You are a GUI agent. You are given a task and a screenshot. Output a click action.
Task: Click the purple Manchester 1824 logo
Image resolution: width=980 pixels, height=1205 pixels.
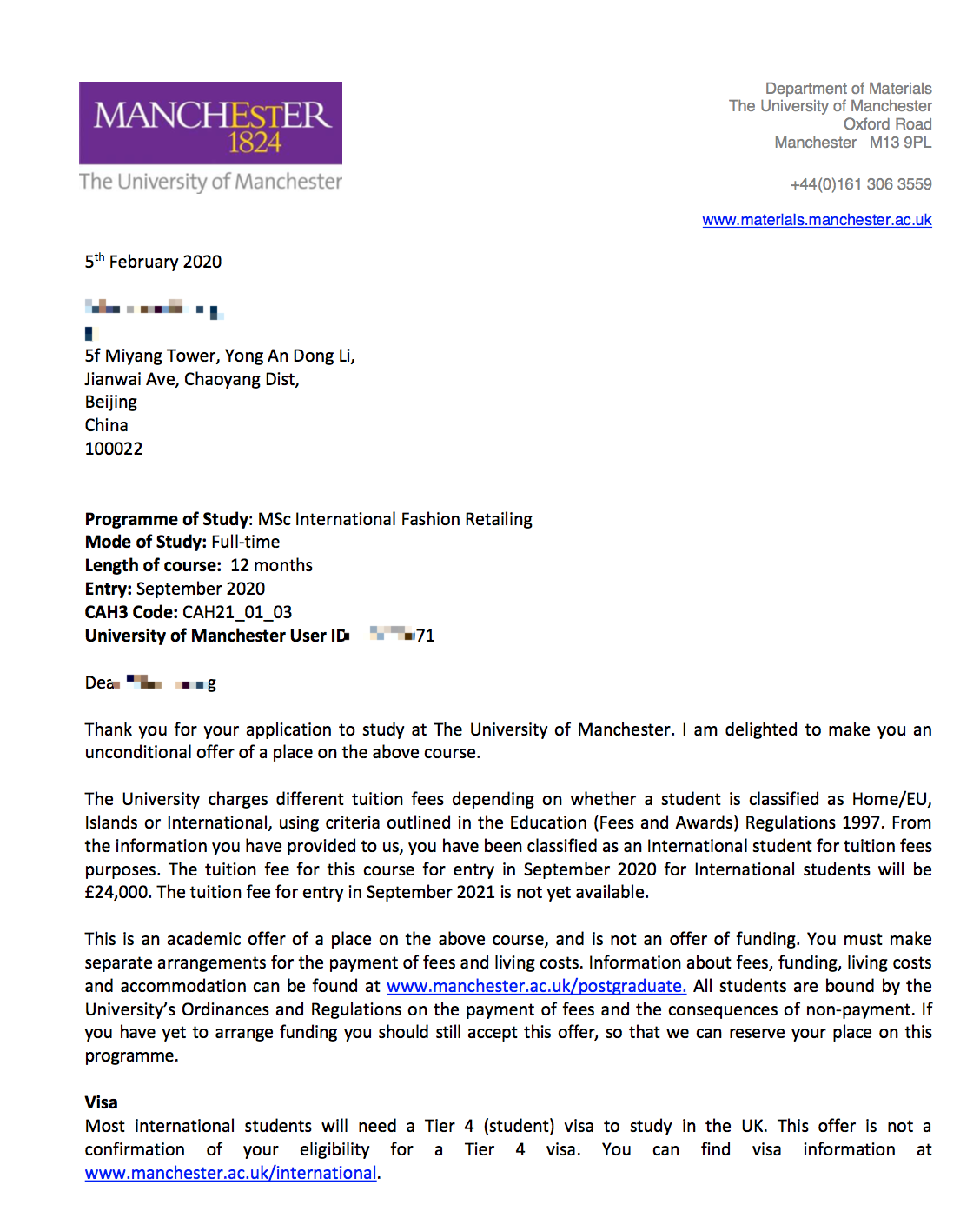(x=210, y=123)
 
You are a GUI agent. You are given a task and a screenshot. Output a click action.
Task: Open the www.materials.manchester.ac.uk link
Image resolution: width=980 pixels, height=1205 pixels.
(x=817, y=220)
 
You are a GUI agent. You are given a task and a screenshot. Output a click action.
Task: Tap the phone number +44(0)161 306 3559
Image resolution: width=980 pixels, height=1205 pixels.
(x=860, y=184)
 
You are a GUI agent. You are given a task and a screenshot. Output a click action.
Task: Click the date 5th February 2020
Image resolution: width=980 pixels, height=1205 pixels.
(x=153, y=262)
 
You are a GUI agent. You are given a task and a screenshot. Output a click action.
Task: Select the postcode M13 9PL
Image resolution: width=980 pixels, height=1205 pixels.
(x=900, y=143)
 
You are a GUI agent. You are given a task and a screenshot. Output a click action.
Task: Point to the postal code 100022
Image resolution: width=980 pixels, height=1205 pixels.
(x=114, y=449)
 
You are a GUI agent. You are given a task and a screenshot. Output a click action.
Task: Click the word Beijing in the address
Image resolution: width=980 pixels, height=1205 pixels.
(x=111, y=402)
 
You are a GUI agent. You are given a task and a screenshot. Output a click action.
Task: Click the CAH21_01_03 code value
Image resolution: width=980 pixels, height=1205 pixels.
(x=237, y=612)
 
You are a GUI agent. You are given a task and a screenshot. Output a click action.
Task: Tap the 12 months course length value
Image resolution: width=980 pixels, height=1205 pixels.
(x=271, y=565)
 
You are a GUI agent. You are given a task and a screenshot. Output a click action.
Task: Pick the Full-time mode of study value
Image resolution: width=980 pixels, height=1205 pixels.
(x=246, y=542)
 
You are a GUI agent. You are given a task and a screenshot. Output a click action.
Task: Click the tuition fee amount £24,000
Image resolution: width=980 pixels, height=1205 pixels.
(x=118, y=892)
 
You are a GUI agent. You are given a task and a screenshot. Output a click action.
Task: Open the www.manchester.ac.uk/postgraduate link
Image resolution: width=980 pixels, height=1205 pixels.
(x=536, y=986)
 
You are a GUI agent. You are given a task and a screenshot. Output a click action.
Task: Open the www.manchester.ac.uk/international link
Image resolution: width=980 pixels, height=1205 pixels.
(x=230, y=1173)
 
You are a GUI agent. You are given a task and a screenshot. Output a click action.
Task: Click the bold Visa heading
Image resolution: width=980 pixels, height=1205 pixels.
(x=101, y=1102)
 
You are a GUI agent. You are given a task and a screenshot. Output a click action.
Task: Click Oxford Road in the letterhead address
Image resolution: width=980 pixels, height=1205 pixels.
(x=887, y=124)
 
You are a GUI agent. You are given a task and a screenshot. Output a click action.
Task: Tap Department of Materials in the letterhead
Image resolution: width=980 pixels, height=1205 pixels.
(x=848, y=89)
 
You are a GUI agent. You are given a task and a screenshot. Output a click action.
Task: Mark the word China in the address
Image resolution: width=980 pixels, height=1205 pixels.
(x=106, y=425)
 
